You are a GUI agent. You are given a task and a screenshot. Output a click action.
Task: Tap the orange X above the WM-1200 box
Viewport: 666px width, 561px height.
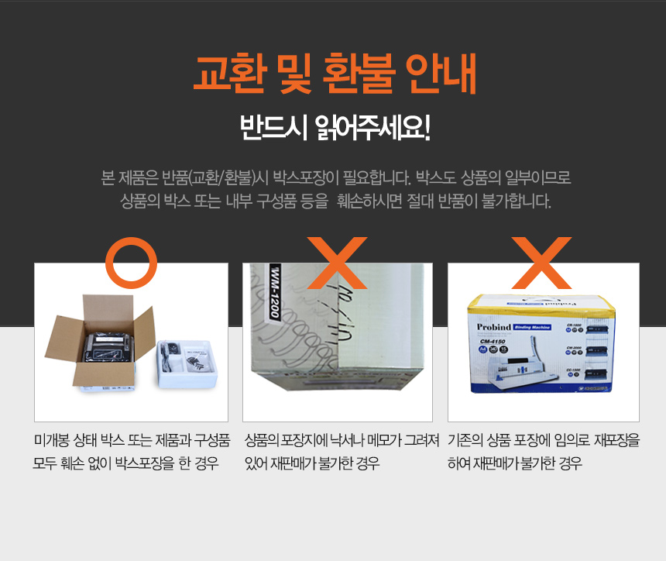337,263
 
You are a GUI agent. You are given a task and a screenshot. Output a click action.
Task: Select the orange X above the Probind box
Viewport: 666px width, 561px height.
541,263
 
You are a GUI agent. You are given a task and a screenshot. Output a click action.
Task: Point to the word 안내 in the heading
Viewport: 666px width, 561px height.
441,74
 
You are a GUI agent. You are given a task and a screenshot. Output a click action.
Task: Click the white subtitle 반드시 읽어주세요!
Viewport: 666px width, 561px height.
335,127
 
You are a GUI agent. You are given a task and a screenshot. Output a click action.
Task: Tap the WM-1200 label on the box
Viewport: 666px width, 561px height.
275,292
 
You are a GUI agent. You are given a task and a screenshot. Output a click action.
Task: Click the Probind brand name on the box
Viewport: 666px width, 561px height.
493,327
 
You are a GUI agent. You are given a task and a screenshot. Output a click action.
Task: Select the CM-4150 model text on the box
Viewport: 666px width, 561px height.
493,341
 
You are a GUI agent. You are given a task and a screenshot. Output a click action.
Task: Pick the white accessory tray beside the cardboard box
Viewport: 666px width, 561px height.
187,364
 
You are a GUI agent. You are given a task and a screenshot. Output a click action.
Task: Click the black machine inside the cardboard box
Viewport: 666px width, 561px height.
108,348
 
